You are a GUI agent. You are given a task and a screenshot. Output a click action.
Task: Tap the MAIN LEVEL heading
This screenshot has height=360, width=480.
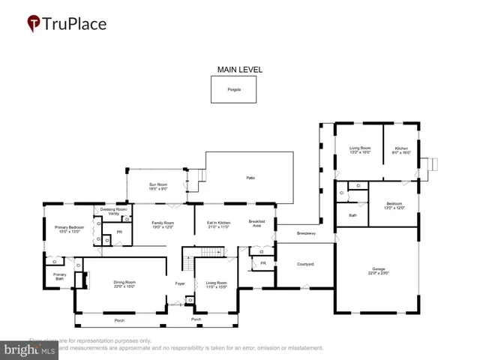click(239, 70)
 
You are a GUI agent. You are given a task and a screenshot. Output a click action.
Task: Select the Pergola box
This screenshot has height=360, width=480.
click(234, 90)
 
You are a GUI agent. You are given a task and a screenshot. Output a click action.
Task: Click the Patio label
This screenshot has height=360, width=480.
click(250, 178)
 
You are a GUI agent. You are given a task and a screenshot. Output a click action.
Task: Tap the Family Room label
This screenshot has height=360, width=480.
click(163, 224)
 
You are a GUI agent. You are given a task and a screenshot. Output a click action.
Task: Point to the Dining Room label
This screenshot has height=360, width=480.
click(124, 283)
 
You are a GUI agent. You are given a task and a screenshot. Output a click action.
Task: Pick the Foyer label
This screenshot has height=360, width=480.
click(180, 283)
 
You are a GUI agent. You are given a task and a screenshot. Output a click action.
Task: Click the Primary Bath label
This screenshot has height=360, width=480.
click(59, 277)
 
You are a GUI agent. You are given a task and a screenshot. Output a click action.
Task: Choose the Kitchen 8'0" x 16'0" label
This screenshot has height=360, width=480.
click(402, 150)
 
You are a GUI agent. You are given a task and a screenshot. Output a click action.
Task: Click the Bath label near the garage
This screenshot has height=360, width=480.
click(352, 215)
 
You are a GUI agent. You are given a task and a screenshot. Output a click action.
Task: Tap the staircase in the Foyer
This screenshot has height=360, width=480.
click(190, 264)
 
